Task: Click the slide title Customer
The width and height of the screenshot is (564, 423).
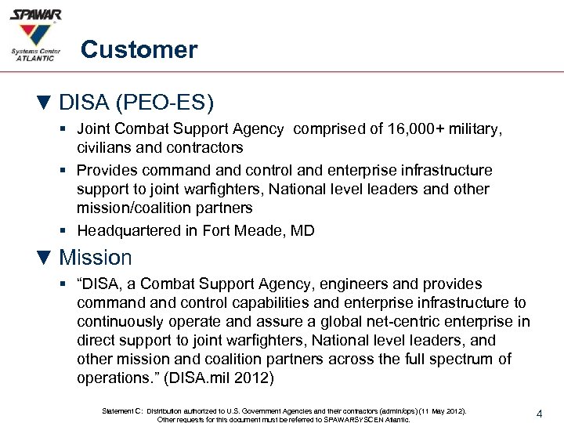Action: pos(139,50)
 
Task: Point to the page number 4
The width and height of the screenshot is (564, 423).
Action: pos(540,411)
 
